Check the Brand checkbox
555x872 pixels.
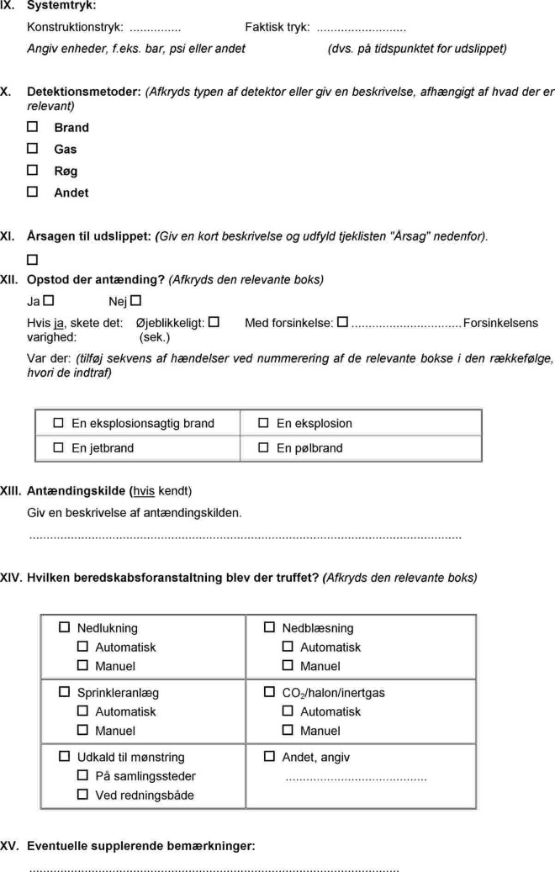click(33, 127)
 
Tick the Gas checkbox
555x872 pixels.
click(33, 149)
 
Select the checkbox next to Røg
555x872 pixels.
click(33, 171)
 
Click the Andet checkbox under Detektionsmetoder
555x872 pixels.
click(33, 192)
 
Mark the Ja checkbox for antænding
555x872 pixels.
click(49, 300)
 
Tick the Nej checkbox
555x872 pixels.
click(136, 300)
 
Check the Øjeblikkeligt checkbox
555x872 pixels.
click(214, 322)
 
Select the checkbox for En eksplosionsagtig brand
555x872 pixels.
click(59, 423)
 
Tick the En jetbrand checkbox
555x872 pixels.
click(59, 447)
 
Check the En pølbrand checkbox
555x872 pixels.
click(263, 447)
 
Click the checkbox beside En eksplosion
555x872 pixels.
click(263, 423)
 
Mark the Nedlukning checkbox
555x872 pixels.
click(65, 627)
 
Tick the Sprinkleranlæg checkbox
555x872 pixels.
click(65, 692)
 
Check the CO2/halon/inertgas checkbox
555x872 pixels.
click(269, 692)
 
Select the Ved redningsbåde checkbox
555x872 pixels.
click(82, 794)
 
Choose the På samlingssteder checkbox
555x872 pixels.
click(82, 775)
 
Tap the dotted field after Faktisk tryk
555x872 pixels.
click(361, 28)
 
